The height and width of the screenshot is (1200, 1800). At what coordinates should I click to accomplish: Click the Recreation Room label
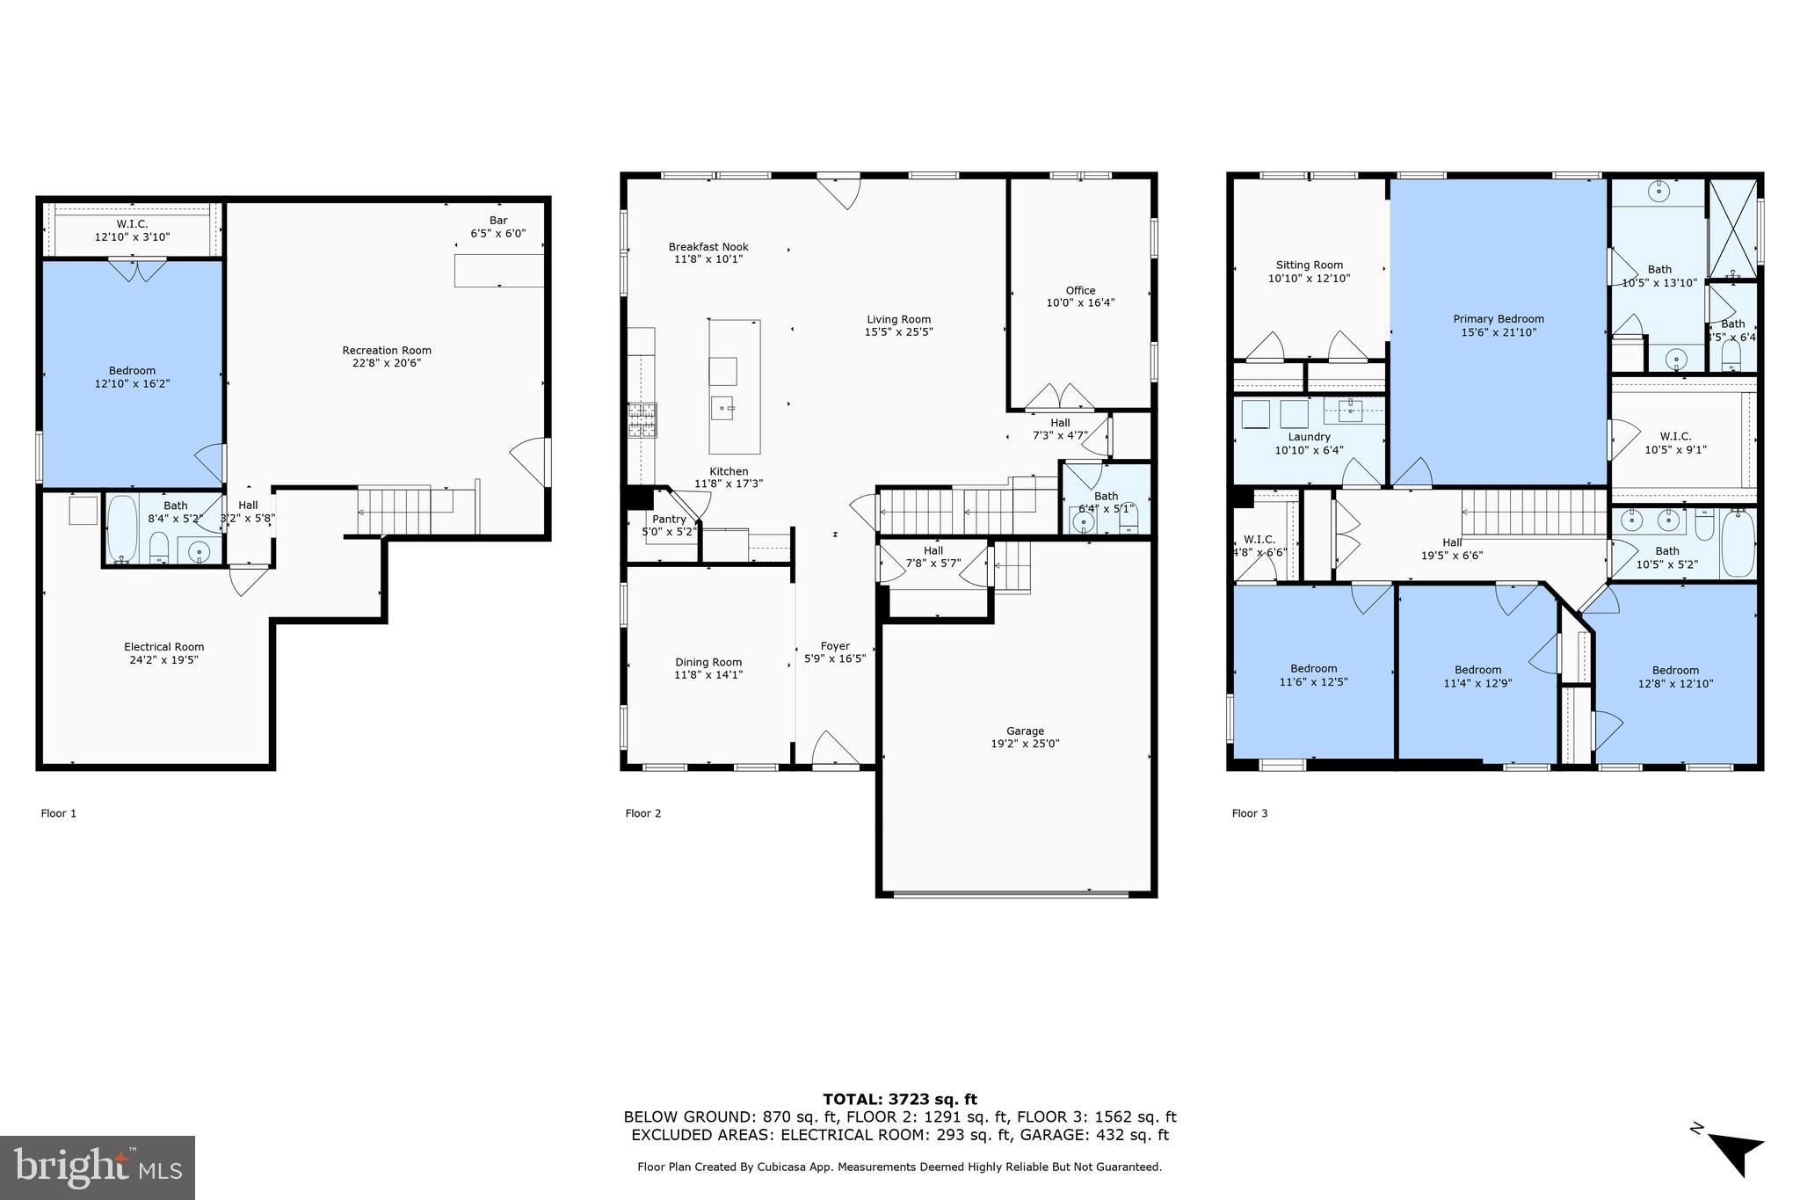tap(387, 351)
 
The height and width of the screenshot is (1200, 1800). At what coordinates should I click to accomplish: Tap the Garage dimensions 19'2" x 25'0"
tap(1025, 744)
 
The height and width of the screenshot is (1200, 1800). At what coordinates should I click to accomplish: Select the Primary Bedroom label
tap(1498, 319)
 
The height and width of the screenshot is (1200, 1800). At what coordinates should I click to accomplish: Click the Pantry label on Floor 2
tap(669, 520)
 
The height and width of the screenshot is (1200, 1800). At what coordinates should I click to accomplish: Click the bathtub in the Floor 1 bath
tap(121, 529)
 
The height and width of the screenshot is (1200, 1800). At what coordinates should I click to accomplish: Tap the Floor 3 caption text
tap(1249, 813)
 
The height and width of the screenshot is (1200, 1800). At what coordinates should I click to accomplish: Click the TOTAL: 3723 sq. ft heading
tap(899, 1099)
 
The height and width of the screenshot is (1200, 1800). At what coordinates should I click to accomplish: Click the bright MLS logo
tap(98, 1167)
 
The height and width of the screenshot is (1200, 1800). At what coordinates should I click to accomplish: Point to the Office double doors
tap(1059, 397)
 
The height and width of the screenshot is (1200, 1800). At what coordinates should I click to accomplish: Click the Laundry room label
tap(1309, 437)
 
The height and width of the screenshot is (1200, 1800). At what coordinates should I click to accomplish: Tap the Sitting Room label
tap(1309, 265)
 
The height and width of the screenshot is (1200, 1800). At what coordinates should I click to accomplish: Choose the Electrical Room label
tap(163, 647)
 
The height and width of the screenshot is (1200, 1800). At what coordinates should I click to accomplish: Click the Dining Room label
tap(708, 663)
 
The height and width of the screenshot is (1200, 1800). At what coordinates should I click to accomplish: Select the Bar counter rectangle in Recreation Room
tap(498, 271)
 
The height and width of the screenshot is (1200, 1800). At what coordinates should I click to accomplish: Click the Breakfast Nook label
tap(708, 247)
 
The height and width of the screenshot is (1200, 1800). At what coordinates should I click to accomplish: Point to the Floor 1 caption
tap(58, 813)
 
